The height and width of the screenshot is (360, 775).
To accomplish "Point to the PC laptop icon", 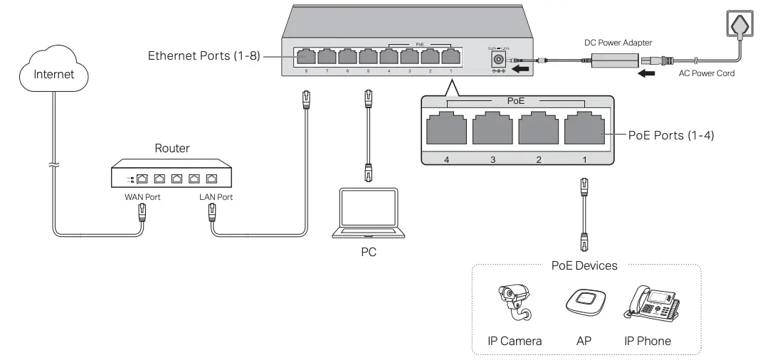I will coord(368,214).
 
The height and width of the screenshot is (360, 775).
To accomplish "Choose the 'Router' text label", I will coord(173,149).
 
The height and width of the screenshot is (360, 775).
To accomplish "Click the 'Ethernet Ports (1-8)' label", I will coord(202,55).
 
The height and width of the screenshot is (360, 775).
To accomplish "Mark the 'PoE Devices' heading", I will coord(584,265).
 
